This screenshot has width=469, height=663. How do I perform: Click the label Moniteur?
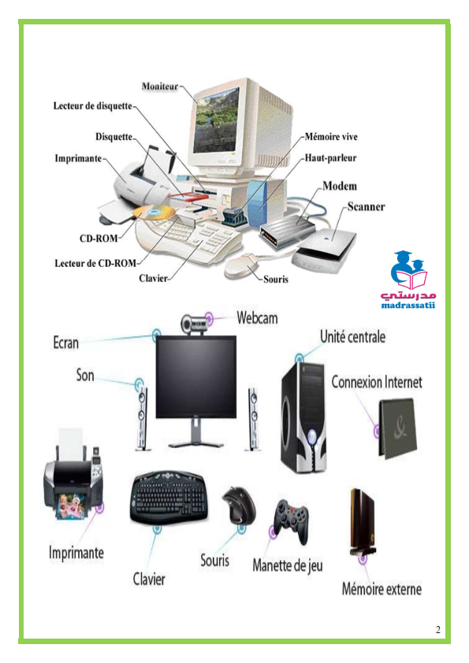point(160,87)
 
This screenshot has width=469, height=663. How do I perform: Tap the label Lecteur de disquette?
point(93,106)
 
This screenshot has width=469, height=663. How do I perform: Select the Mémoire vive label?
point(331,136)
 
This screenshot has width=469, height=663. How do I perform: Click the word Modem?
point(340,186)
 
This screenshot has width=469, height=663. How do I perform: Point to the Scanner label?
point(367,207)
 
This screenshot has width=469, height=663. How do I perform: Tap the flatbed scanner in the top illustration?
point(325,250)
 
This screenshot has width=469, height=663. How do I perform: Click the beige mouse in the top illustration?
point(240,265)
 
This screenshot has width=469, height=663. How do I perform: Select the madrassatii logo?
point(408,280)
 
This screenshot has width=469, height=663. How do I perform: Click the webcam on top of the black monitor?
point(195,324)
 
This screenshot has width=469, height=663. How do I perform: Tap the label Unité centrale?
point(352,337)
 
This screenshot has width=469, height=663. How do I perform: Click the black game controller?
point(291,520)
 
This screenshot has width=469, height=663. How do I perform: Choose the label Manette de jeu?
point(288,565)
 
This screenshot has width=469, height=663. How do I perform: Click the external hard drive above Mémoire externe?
point(363,522)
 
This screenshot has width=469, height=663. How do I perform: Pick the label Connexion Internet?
point(377,382)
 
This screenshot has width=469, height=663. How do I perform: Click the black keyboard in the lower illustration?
point(169,498)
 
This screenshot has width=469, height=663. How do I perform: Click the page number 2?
point(438,630)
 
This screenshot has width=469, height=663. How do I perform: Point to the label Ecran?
point(65,343)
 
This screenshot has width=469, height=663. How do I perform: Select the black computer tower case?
point(303,417)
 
